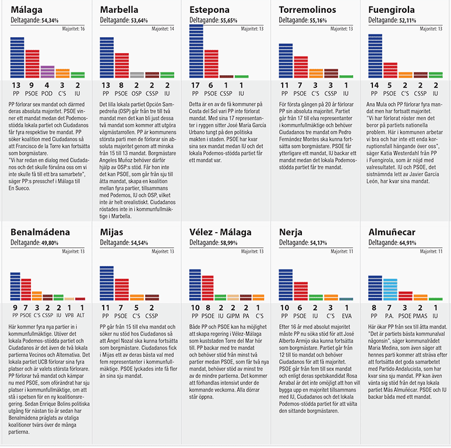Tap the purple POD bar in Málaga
(47, 72)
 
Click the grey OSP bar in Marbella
(137, 75)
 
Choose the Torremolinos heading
(306, 9)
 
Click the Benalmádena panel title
(40, 232)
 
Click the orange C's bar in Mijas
(136, 297)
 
